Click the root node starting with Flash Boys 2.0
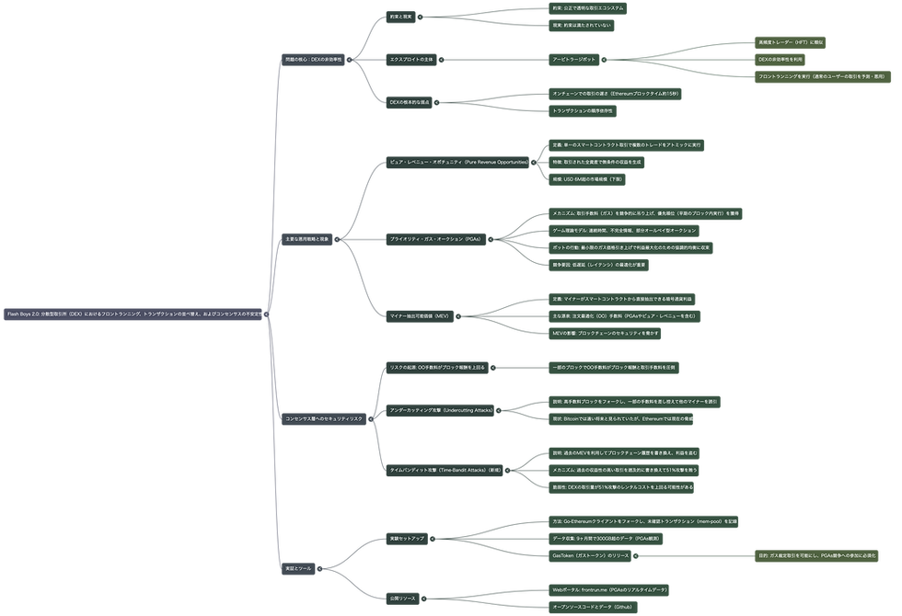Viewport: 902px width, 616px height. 134,314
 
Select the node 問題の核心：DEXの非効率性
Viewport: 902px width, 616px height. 313,59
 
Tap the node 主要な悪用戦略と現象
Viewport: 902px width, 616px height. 307,238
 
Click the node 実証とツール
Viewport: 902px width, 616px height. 299,569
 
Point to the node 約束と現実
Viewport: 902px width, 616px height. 401,17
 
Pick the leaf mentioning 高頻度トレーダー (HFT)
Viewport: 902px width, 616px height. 792,42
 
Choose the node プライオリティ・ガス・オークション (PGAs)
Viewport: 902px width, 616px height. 435,238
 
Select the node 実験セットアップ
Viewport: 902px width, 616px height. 408,538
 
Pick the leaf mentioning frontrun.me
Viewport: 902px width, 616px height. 609,589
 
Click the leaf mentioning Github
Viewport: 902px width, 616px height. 596,607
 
